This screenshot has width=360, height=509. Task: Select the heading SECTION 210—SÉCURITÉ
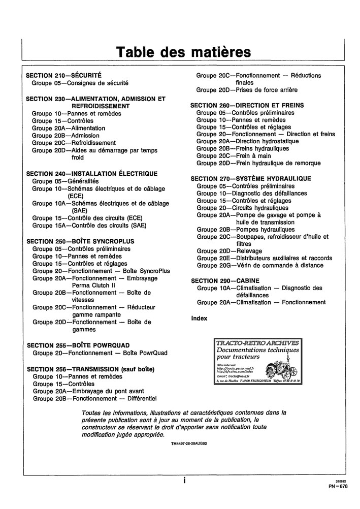coord(64,74)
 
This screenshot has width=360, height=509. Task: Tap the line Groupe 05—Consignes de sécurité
coord(80,82)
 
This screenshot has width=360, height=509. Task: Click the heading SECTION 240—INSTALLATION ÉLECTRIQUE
coord(92,174)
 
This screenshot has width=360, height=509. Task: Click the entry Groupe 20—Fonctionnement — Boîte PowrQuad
coord(100,353)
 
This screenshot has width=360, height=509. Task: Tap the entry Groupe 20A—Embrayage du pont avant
coord(88,391)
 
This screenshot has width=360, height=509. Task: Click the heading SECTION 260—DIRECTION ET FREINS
coord(247,105)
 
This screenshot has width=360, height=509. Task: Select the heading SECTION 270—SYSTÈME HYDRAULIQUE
coord(251,179)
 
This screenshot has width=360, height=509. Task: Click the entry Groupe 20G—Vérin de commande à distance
coord(260,266)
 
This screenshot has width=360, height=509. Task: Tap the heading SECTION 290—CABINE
coord(225,280)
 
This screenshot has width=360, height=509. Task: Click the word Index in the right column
coord(199,319)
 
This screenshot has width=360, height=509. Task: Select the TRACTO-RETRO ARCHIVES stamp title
coord(258,343)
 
